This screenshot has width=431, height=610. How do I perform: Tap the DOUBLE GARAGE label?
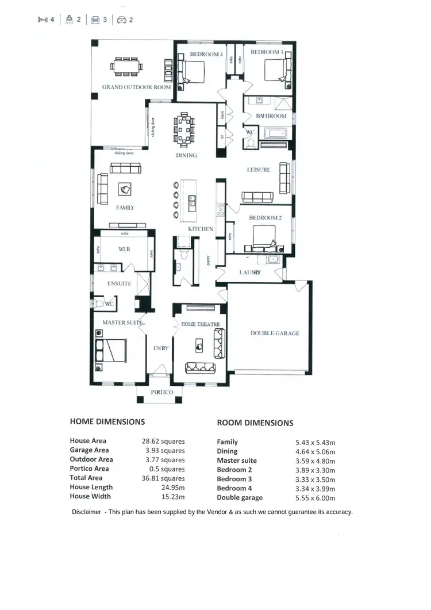pyautogui.click(x=275, y=333)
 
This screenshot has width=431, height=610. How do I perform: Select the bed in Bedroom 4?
pyautogui.click(x=191, y=74)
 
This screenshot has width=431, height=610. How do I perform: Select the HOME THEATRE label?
pyautogui.click(x=201, y=324)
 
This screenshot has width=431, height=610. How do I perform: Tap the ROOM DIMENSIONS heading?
pyautogui.click(x=255, y=423)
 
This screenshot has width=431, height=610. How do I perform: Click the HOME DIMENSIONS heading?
pyautogui.click(x=107, y=421)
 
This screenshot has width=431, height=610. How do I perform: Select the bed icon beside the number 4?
pyautogui.click(x=42, y=20)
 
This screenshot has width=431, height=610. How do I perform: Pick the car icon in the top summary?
pyautogui.click(x=121, y=20)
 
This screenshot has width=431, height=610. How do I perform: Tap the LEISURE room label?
pyautogui.click(x=258, y=170)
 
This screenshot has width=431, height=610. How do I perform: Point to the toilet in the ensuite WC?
pyautogui.click(x=100, y=304)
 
